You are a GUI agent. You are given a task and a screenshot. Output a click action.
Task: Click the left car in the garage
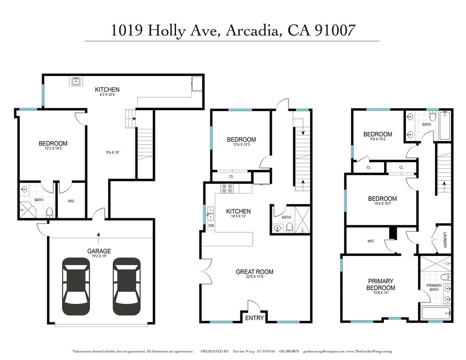point(76,286)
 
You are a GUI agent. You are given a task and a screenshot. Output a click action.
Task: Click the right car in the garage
point(126,286)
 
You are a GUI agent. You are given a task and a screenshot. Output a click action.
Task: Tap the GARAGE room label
point(99,251)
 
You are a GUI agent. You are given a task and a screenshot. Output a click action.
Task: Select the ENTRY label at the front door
point(254,318)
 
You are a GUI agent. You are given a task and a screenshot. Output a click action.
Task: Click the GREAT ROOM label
point(254,272)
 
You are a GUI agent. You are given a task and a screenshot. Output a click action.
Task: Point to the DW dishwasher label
point(211,225)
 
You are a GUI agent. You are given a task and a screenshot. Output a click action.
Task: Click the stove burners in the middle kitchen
point(227,188)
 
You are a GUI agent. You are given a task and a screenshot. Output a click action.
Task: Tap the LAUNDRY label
point(445,240)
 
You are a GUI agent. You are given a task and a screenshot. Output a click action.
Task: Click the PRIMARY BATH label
point(434,288)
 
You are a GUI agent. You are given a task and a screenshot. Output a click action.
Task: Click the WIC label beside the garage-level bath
point(71,201)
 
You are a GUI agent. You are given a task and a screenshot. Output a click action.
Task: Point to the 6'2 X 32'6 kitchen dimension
point(107,95)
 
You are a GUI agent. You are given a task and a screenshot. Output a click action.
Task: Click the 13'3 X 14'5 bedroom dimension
point(53,149)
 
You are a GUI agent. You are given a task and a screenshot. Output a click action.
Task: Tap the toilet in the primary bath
point(445,277)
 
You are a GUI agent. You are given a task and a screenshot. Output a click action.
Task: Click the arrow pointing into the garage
point(98,236)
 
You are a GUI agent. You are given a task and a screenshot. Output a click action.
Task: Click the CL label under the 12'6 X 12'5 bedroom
point(231,176)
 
